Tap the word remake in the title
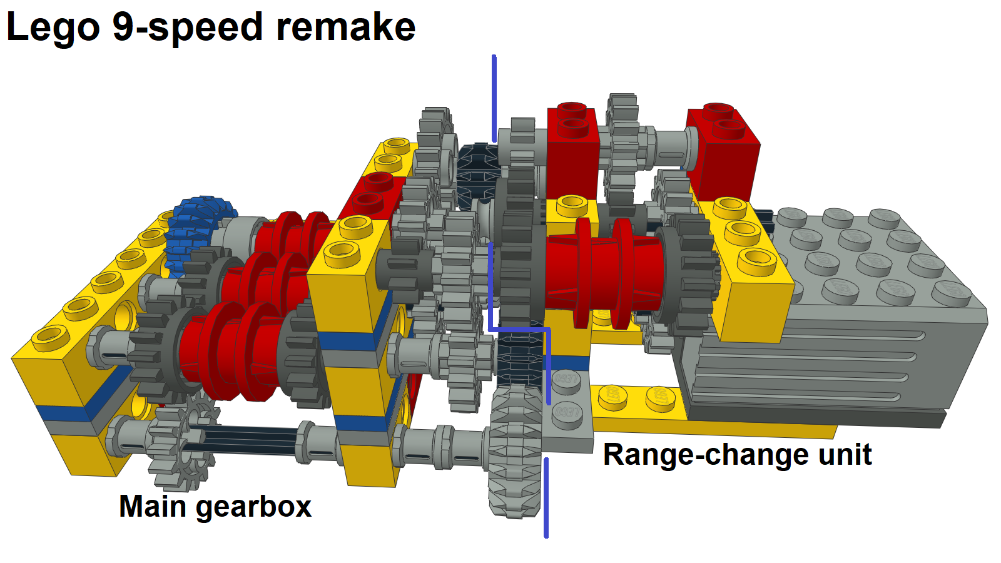click(346, 28)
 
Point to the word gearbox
click(253, 507)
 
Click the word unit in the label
click(845, 455)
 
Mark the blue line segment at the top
click(494, 97)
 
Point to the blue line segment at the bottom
click(546, 497)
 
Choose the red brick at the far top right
click(723, 150)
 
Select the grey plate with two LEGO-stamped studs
click(568, 410)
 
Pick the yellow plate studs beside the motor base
click(632, 397)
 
